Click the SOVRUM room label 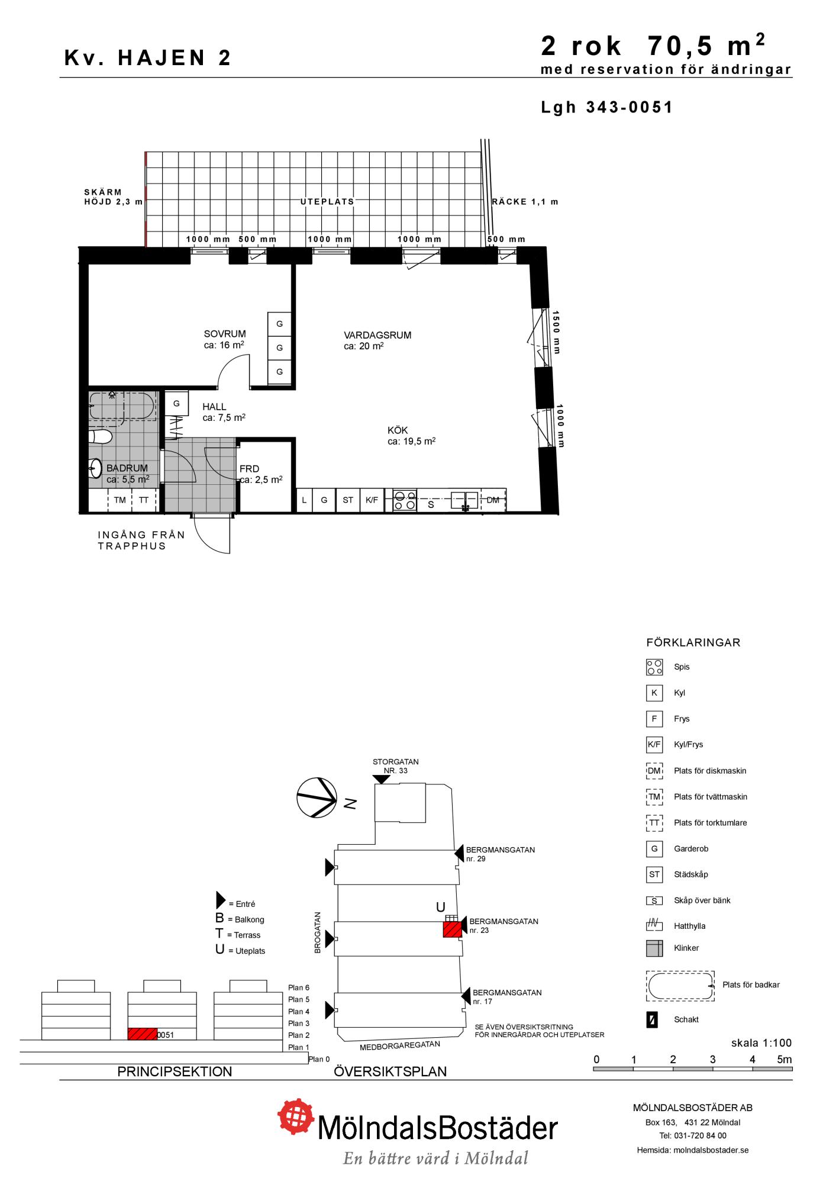coord(225,334)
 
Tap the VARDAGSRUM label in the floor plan coord(377,335)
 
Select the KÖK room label coord(398,430)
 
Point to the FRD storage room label coord(249,469)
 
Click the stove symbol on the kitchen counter coord(405,500)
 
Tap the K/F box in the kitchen coord(372,500)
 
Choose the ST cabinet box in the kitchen coord(348,500)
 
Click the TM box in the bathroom coord(120,500)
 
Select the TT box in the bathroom coord(144,500)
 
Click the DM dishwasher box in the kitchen coord(493,500)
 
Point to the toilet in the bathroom coord(100,437)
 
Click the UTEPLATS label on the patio coord(327,202)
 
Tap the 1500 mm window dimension coord(556,332)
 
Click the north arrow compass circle coord(317,797)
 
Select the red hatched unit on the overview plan coord(453,929)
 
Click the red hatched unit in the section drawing coord(143,1034)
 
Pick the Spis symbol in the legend coord(654,667)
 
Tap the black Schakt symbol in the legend coord(652,1020)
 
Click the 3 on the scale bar coord(713,1060)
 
